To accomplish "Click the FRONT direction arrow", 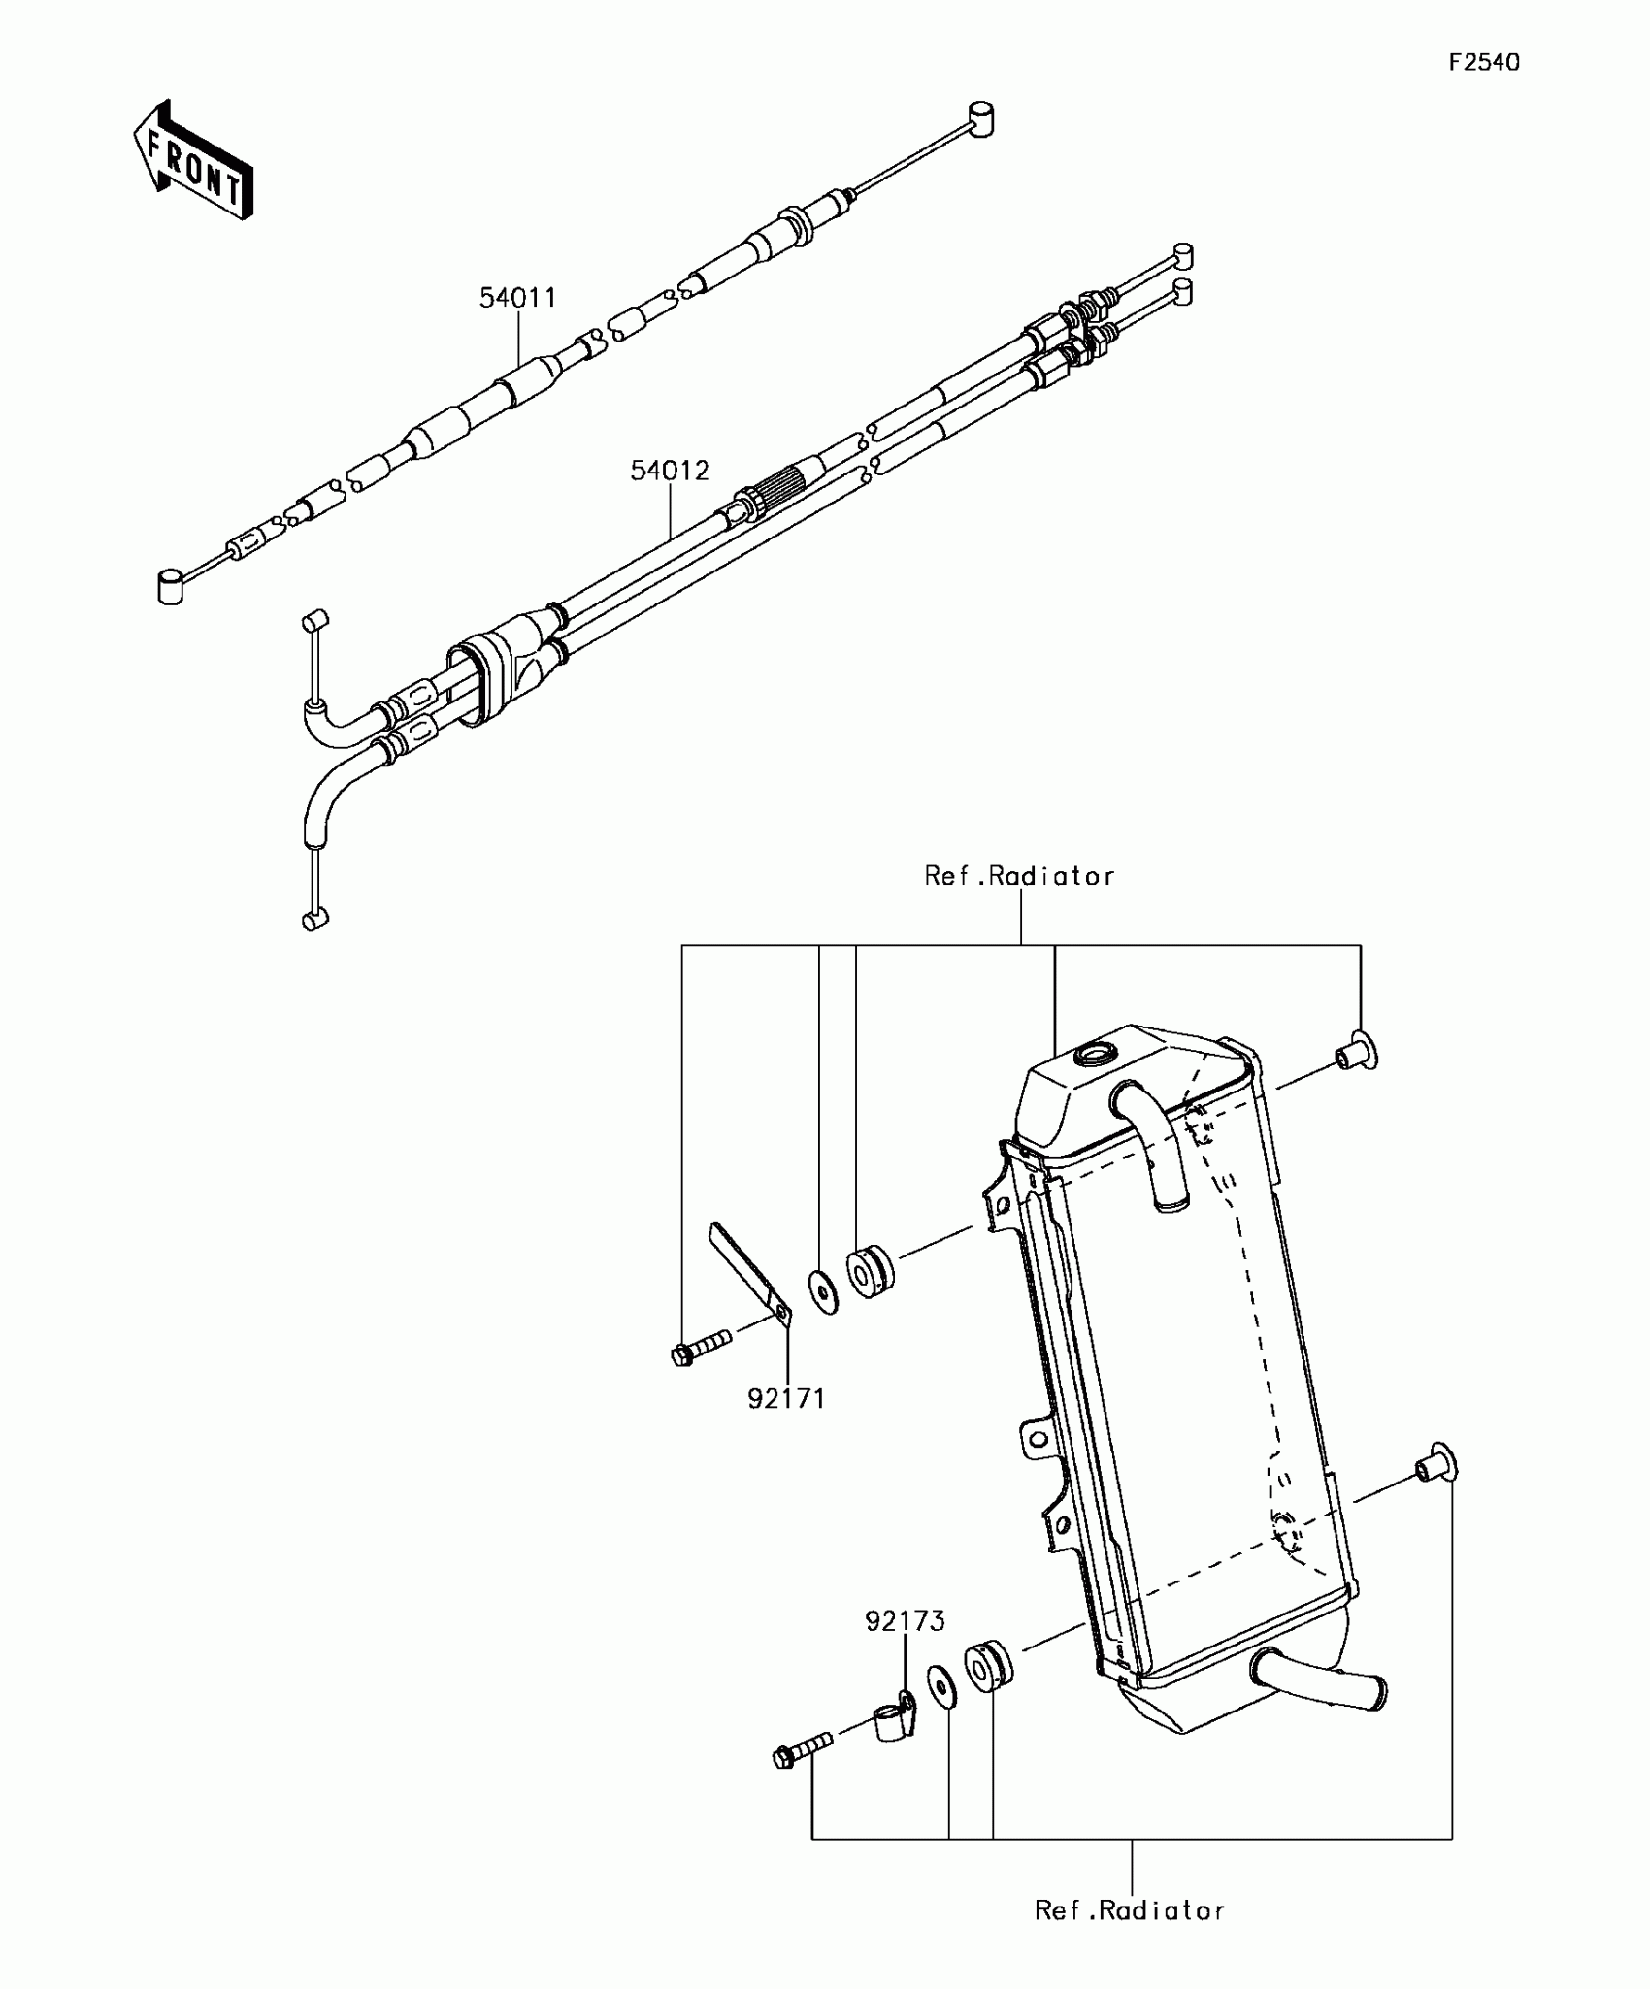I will pos(194,161).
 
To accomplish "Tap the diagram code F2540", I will pos(1484,63).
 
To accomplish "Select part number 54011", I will pos(518,298).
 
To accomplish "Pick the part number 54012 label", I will pos(670,471).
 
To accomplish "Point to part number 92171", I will pos(786,1398).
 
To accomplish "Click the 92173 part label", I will pos(905,1620).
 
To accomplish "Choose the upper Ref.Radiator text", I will pos(1019,876).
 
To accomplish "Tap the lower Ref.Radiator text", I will pos(1130,1910).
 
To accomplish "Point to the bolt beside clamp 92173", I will pos(802,1749).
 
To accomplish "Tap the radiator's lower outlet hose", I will pos(1320,1683).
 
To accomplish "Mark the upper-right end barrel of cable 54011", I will pos(981,117).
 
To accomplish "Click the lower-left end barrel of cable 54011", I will pos(171,587).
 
